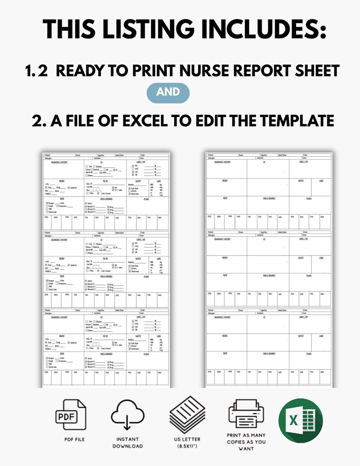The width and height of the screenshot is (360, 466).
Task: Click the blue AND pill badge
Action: pos(168,92)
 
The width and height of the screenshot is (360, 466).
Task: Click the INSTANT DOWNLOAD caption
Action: pos(127,442)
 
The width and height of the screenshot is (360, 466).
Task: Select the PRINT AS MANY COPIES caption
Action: pos(246,442)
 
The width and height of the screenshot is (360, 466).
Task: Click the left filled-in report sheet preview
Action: pos(105,270)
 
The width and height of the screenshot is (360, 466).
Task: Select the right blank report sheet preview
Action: pos(268,270)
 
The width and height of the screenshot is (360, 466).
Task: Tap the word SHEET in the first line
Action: pos(312,71)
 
